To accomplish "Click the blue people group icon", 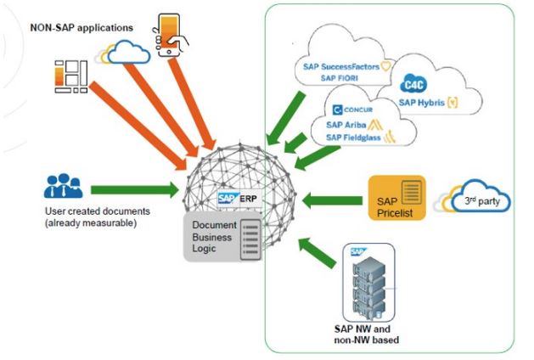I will coord(63,186).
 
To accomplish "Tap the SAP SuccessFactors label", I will coord(345,65).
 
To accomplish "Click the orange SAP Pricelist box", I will coord(396,198).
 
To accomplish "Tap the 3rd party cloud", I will coord(473,199).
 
